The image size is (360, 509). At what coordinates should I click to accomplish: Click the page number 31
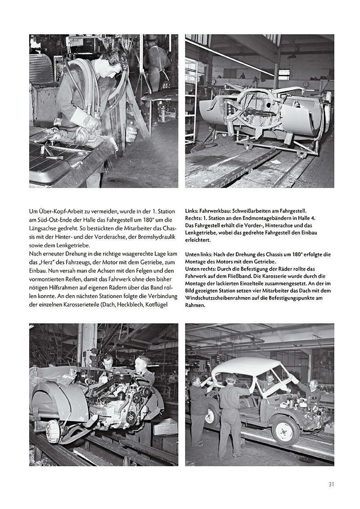[x=331, y=484]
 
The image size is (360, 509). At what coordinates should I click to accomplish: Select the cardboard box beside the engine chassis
[x=165, y=426]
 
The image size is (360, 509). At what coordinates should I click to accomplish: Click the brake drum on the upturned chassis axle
[x=53, y=431]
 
